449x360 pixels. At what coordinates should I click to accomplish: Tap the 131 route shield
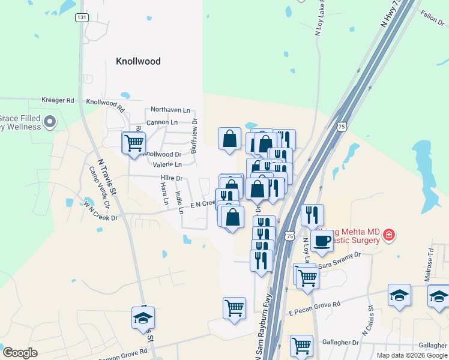[82, 17]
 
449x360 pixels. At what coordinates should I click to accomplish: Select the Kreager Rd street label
[58, 100]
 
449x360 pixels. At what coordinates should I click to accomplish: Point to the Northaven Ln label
[170, 110]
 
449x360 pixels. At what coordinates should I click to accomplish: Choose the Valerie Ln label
[167, 164]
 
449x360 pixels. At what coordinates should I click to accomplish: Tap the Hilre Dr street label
[171, 178]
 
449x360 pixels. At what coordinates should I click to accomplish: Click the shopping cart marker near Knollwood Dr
[134, 143]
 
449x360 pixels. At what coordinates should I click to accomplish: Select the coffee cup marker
[322, 241]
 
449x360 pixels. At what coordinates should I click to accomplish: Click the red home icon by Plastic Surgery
[389, 234]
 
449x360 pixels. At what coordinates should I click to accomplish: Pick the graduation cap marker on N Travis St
[143, 318]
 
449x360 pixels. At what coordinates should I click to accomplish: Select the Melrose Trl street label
[430, 259]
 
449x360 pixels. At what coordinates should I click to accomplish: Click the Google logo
[20, 353]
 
